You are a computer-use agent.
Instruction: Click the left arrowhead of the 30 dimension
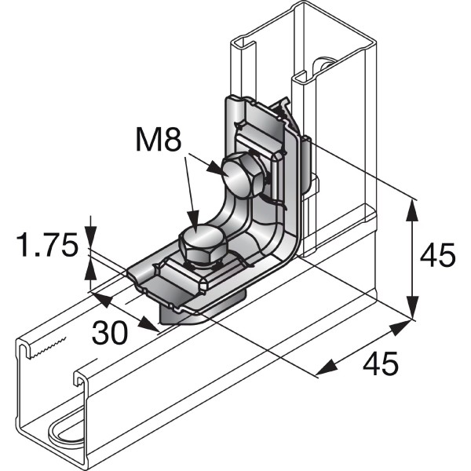click(95, 296)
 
